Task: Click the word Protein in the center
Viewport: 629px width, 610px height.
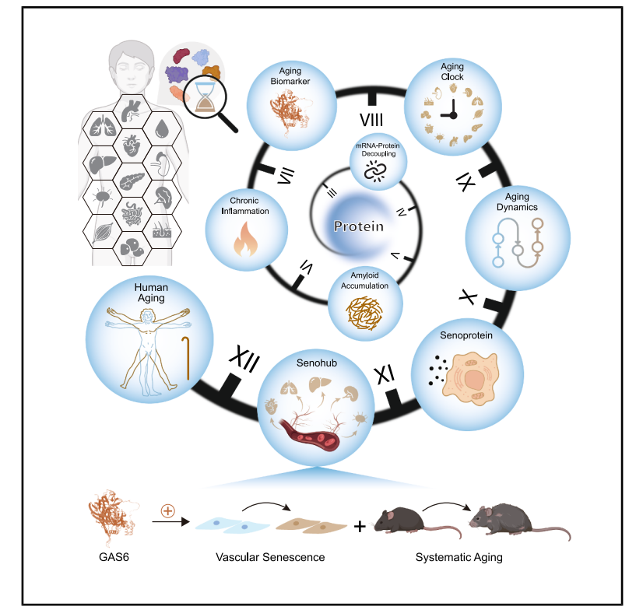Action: point(358,226)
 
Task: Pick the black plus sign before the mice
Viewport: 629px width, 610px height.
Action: point(360,527)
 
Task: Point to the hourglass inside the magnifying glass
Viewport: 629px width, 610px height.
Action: point(206,98)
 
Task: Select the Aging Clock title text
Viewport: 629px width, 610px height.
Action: point(452,72)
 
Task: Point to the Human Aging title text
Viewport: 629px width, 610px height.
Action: point(150,293)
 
